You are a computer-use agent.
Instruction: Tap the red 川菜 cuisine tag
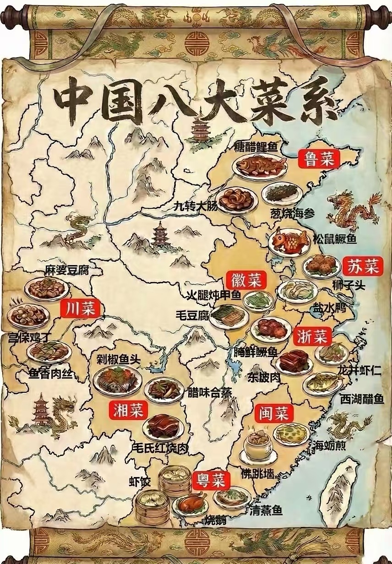pos(80,308)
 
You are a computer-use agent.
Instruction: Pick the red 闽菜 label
pos(272,413)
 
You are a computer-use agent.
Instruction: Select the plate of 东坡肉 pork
pos(294,361)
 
